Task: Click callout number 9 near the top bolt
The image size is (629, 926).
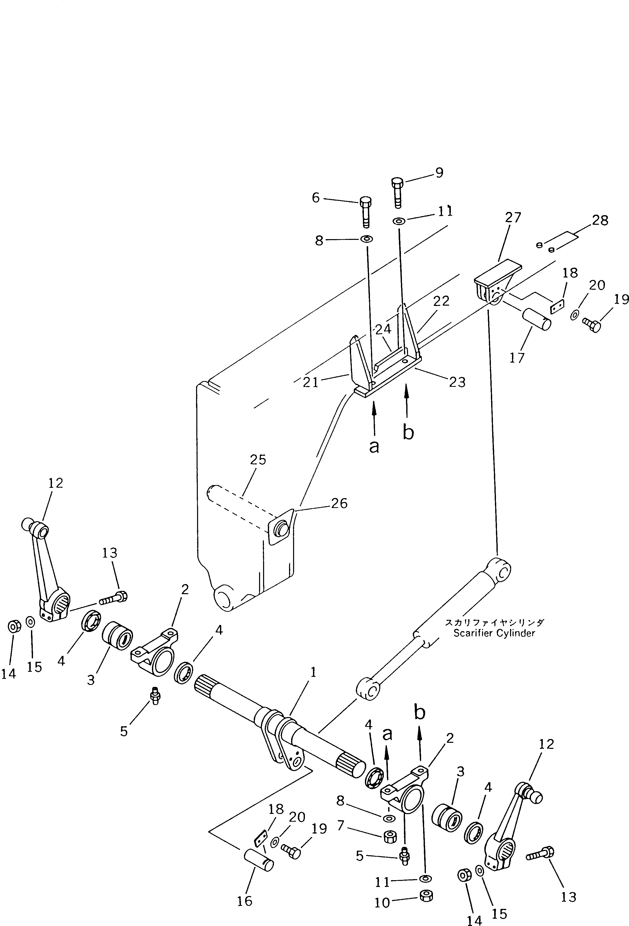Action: [x=439, y=173]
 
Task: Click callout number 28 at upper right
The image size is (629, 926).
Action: [x=600, y=220]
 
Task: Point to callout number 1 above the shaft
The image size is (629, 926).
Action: [x=313, y=673]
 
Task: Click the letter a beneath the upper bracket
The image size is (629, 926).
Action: [x=374, y=447]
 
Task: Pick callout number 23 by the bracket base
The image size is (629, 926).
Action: [x=457, y=382]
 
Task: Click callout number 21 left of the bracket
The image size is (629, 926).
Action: [x=310, y=382]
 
